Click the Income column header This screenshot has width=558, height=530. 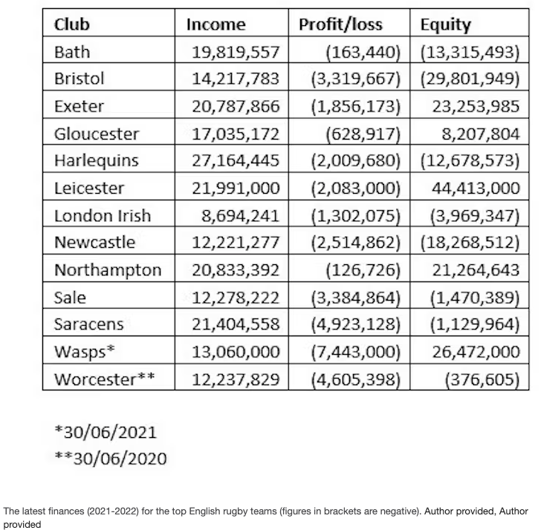coord(215,24)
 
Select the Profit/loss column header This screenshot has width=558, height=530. coord(340,24)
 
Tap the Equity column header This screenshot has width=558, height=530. coord(446,24)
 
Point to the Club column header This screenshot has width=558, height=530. coord(72,24)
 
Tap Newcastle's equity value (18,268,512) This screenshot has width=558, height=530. coord(470,243)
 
